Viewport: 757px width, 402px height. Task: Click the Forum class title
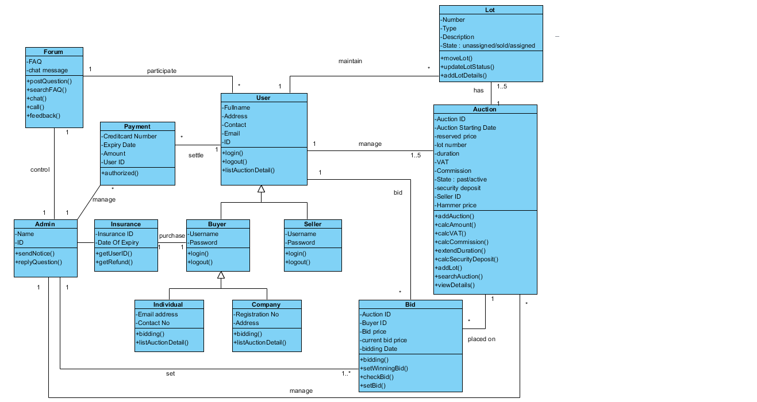[x=53, y=52]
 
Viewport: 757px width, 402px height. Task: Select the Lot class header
[x=490, y=10]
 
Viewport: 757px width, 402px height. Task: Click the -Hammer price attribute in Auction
[x=456, y=205]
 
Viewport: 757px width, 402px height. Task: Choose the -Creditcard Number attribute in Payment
[x=129, y=136]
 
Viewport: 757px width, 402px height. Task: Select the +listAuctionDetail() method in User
[x=248, y=170]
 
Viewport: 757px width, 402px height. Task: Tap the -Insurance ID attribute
[x=114, y=234]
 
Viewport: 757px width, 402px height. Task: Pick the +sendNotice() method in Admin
[x=35, y=253]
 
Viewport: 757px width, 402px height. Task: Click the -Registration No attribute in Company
[x=256, y=314]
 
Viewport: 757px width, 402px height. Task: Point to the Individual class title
[x=168, y=304]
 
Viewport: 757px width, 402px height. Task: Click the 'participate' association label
[x=162, y=71]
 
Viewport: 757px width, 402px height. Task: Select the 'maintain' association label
[x=350, y=61]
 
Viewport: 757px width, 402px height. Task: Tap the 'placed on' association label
[x=481, y=339]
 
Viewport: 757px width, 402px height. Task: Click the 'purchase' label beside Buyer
[x=172, y=235]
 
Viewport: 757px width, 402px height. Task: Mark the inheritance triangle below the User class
[x=261, y=189]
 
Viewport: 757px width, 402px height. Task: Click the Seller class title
[x=313, y=224]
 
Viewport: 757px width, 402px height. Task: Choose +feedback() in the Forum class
[x=43, y=115]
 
